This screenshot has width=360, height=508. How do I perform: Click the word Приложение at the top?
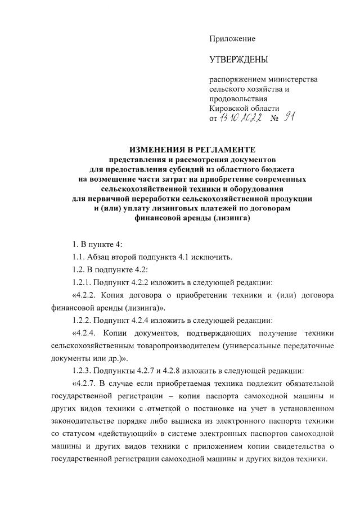pyautogui.click(x=232, y=39)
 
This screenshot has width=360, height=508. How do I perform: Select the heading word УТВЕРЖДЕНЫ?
pyautogui.click(x=238, y=60)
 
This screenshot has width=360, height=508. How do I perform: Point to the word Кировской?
pyautogui.click(x=228, y=108)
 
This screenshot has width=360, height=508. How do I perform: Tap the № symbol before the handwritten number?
pyautogui.click(x=275, y=119)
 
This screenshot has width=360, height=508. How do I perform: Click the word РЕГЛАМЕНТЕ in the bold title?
pyautogui.click(x=222, y=150)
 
